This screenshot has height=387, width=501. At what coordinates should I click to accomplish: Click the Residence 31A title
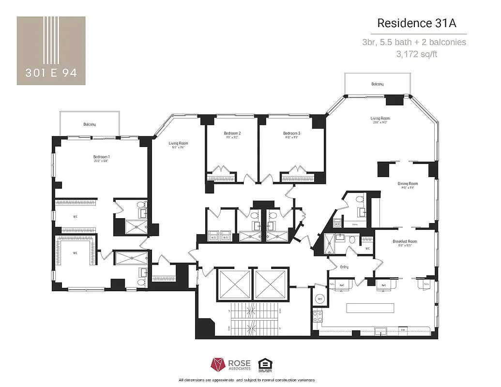417,23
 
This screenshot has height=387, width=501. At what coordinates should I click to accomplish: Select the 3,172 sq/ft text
417,54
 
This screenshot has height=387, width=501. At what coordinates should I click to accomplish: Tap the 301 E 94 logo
51,51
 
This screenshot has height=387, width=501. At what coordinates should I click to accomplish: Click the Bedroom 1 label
102,157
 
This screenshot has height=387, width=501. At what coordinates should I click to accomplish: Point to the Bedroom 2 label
232,134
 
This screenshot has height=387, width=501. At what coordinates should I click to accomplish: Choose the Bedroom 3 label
291,134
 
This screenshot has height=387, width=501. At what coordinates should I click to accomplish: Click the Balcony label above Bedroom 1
89,124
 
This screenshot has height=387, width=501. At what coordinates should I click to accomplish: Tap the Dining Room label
408,184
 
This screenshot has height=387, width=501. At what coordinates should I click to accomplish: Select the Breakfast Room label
405,241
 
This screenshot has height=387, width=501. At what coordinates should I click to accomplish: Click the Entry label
344,267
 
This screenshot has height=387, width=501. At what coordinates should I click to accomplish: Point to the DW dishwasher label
402,330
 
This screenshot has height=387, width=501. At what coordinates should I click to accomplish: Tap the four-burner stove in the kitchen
317,317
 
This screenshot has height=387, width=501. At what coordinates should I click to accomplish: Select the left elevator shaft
235,284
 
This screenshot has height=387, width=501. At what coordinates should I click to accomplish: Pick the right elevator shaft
271,284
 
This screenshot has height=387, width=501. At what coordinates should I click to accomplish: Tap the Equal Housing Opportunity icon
264,364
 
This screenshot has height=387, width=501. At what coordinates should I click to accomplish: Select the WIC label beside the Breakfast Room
367,249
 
